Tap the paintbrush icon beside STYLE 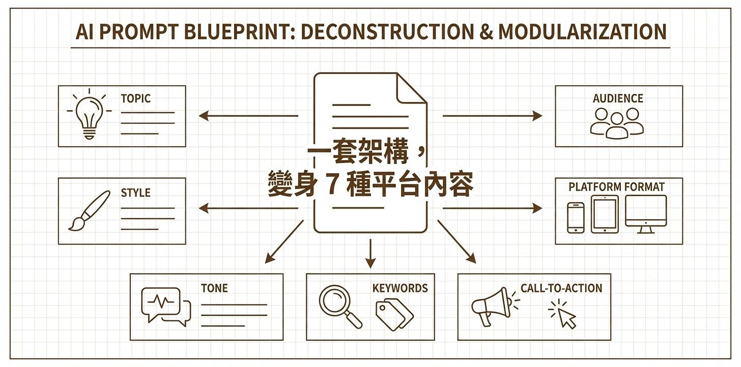90,210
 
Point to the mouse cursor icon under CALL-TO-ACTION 566,316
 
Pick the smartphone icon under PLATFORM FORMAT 576,218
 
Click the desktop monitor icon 646,214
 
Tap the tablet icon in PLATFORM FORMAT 605,215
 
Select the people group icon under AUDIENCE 617,123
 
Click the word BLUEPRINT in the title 238,32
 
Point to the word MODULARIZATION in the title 582,32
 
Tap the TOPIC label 135,98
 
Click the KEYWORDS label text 400,288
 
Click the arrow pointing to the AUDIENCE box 492,116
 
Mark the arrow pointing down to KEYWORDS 370,253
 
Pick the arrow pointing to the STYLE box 248,208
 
